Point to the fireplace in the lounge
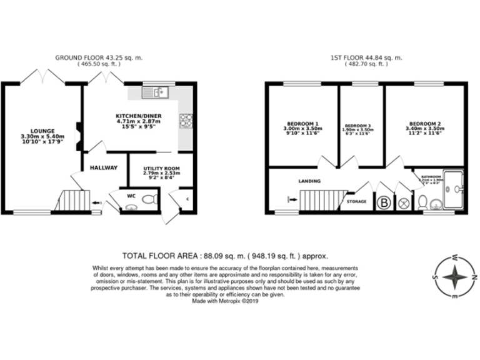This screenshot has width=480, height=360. (x=77, y=134)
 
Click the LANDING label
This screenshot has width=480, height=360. (x=310, y=181)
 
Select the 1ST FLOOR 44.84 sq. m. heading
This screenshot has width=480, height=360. (x=366, y=57)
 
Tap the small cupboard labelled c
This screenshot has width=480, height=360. (x=188, y=200)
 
